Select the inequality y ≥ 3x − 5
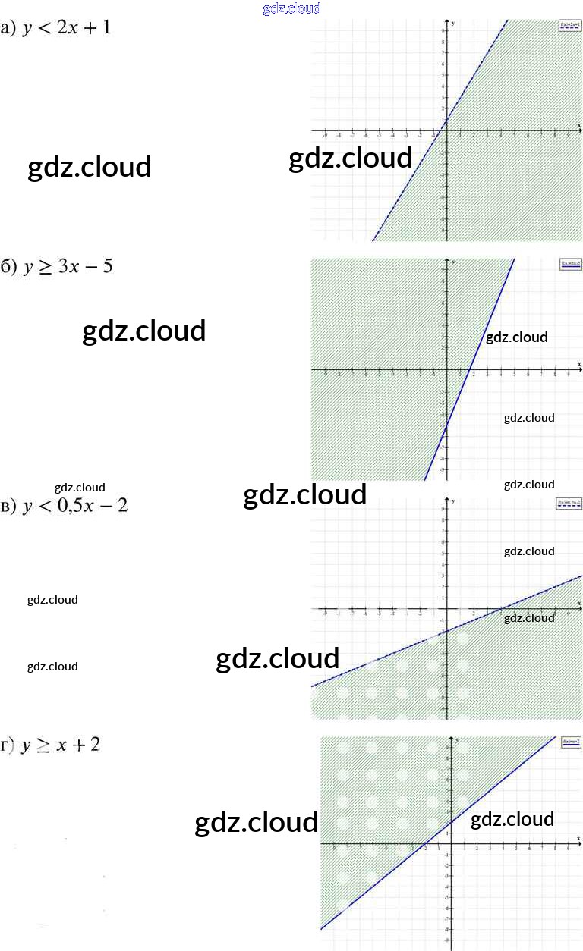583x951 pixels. pos(68,267)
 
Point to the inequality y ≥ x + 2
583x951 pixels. pos(61,745)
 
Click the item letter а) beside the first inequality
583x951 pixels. pos(8,30)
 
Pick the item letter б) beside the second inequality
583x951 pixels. pos(8,267)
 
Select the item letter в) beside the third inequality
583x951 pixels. pos(8,506)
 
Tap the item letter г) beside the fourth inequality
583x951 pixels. pos(8,745)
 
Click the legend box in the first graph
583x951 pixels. pos(569,25)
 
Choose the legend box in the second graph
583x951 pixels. pos(570,264)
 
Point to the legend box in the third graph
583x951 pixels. pos(569,504)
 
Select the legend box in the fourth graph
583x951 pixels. pos(571,742)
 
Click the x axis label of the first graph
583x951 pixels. pos(578,124)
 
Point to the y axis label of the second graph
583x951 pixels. pos(453,262)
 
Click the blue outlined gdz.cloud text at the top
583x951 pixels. pos(291,8)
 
